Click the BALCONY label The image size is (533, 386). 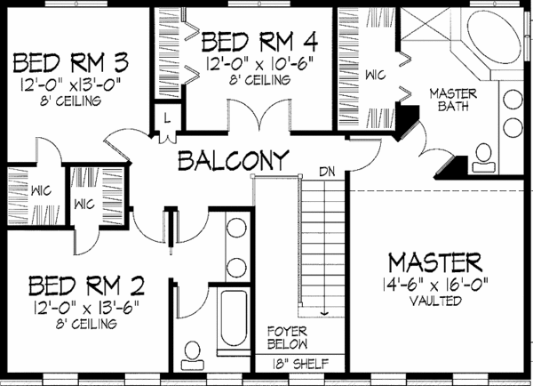tap(233, 162)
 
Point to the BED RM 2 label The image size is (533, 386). tap(86, 286)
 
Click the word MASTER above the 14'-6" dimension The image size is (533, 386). tap(435, 263)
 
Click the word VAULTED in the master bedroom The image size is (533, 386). tap(435, 302)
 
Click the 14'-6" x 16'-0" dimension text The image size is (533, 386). tap(435, 285)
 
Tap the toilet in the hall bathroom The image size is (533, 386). tap(190, 356)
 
